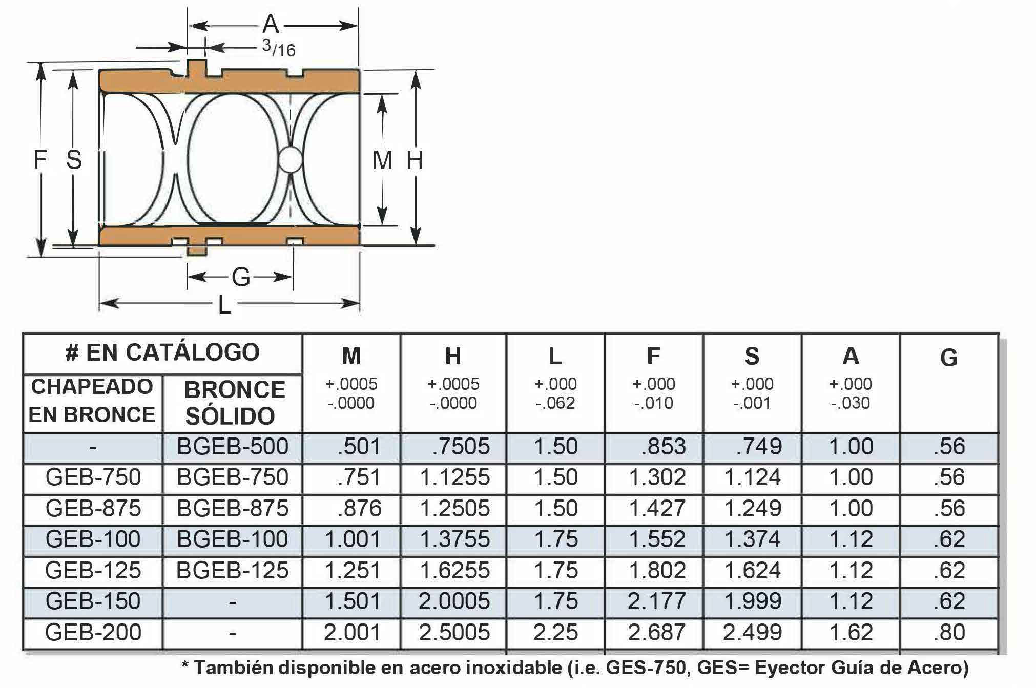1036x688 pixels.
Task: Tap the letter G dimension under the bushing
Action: tap(241, 277)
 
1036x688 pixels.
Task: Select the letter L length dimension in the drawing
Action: tap(224, 305)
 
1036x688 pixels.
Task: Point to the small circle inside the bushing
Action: tap(291, 160)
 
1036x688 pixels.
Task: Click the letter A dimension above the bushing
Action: tap(271, 24)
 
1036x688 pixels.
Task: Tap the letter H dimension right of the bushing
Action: tap(415, 160)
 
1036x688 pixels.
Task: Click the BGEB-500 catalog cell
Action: tap(233, 447)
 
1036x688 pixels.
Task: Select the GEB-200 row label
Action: tap(93, 632)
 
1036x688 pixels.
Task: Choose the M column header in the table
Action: tap(351, 356)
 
